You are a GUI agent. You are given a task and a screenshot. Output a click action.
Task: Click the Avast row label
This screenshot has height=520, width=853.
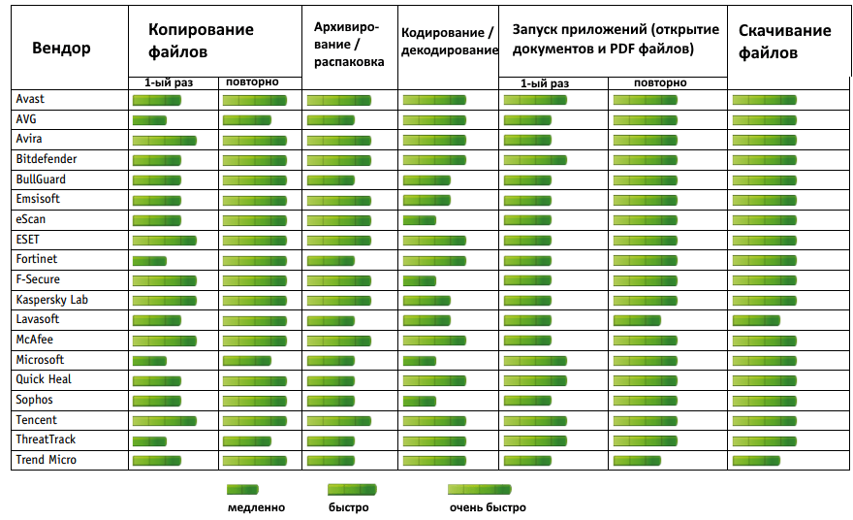click(30, 99)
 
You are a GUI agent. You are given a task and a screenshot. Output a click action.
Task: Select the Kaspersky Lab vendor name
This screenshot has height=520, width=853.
click(51, 300)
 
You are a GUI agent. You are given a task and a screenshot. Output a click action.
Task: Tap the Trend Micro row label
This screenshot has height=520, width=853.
click(46, 460)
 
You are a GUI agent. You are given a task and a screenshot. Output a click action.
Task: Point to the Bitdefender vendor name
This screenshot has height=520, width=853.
click(47, 159)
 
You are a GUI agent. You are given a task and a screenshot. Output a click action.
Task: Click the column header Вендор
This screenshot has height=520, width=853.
click(61, 49)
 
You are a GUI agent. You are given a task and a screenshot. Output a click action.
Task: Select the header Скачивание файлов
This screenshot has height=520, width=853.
click(785, 42)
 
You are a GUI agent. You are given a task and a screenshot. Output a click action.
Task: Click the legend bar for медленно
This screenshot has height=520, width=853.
click(242, 490)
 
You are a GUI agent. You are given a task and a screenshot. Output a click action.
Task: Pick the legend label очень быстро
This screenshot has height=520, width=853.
click(488, 507)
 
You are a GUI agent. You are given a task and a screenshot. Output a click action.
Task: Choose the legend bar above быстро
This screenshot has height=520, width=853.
click(351, 490)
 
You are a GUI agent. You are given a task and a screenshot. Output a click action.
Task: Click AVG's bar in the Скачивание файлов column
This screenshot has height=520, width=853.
click(764, 119)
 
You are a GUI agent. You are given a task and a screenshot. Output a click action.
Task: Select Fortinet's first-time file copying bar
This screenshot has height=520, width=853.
click(149, 260)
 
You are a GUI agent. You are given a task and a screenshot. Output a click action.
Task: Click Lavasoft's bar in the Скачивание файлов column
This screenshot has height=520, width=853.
click(756, 320)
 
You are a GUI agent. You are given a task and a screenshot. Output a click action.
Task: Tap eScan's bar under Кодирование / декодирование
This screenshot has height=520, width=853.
click(419, 220)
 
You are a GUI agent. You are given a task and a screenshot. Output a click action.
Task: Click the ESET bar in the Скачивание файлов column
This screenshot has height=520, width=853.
click(764, 240)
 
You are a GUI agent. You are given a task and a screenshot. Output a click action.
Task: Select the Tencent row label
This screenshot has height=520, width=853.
click(36, 420)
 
